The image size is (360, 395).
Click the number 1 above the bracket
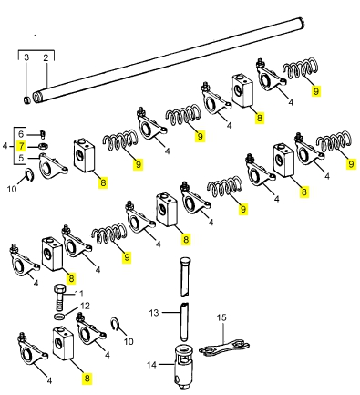coord(36,38)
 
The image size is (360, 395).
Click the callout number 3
coord(26,57)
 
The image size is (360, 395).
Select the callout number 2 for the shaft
coord(46,57)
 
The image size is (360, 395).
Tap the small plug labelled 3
coord(27,99)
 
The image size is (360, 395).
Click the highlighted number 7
coord(21,146)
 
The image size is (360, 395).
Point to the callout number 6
coord(21,134)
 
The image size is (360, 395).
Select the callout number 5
coord(21,158)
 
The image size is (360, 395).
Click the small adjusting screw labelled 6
coord(43,133)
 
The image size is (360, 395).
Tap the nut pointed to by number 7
coord(44,146)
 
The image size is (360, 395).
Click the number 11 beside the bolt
coord(79,294)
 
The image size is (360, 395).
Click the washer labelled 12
coord(59,317)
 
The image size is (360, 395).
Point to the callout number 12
coord(85,306)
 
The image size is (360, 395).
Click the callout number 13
coord(154,313)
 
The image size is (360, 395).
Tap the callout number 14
coord(151,364)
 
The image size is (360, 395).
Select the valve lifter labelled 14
coord(185,366)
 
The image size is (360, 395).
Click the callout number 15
coord(221,317)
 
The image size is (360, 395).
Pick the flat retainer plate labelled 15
coord(224,348)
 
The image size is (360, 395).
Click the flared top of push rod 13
coord(185,261)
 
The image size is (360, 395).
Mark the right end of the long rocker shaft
coord(302,22)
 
